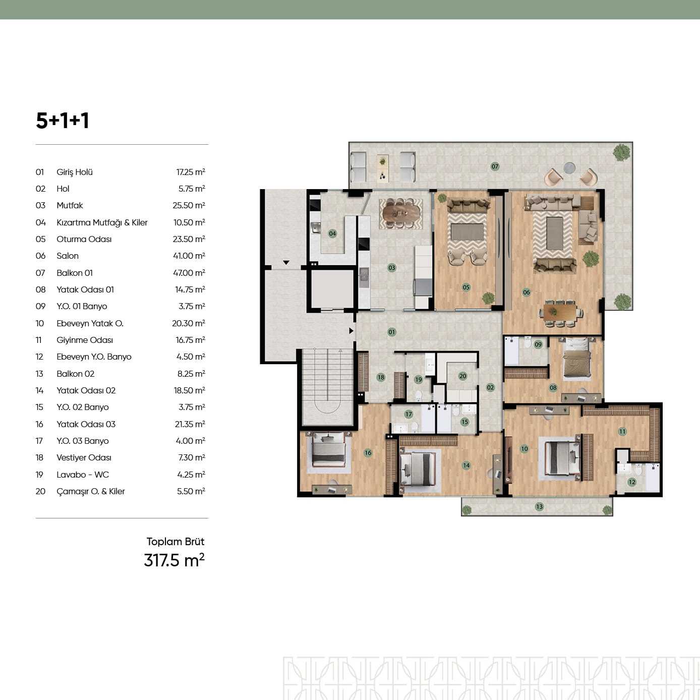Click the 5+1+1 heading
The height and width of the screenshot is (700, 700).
click(63, 121)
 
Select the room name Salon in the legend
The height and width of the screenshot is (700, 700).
click(68, 256)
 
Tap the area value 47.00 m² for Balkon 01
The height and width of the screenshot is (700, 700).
click(189, 272)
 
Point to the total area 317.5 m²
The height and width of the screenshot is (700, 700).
click(174, 560)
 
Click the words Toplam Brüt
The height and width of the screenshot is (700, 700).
click(176, 542)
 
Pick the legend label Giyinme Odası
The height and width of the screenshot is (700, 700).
click(85, 340)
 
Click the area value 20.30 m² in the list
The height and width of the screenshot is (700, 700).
click(189, 323)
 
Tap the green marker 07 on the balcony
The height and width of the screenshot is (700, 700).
click(495, 166)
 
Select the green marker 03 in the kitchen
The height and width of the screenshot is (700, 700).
click(391, 268)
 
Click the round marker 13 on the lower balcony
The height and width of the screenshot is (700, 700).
click(540, 506)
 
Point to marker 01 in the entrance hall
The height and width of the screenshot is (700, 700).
click(391, 332)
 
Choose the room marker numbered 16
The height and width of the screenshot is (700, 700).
click(368, 452)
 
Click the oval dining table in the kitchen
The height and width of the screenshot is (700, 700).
click(401, 214)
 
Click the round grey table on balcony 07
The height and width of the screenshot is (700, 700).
click(569, 168)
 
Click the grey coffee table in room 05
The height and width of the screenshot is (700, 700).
click(467, 232)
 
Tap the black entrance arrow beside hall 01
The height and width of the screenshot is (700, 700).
click(351, 331)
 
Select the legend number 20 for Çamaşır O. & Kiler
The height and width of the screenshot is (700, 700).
click(40, 491)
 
